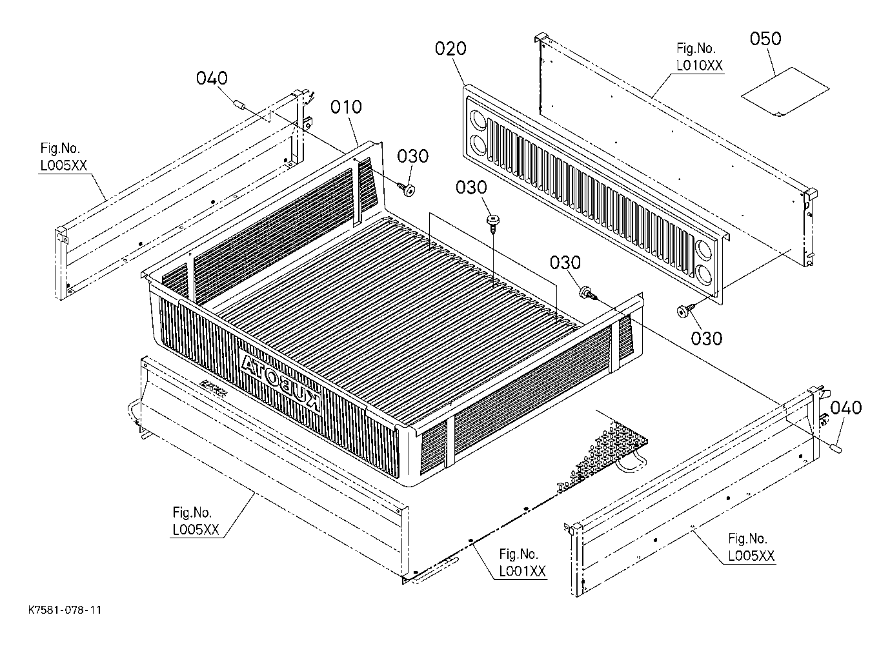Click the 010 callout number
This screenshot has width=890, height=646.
(x=346, y=107)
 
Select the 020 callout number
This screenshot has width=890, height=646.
(x=450, y=48)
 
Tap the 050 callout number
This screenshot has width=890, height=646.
(x=765, y=39)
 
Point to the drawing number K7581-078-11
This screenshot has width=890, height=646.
(x=65, y=610)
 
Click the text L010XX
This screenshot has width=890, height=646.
(x=700, y=66)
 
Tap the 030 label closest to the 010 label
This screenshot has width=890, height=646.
(x=413, y=156)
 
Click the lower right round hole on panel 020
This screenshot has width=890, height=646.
(x=703, y=274)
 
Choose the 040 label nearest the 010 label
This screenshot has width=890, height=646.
(x=212, y=78)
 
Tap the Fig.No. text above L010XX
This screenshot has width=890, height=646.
(x=696, y=48)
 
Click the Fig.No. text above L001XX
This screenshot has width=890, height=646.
(x=518, y=554)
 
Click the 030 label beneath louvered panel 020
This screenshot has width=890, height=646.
(x=707, y=339)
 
